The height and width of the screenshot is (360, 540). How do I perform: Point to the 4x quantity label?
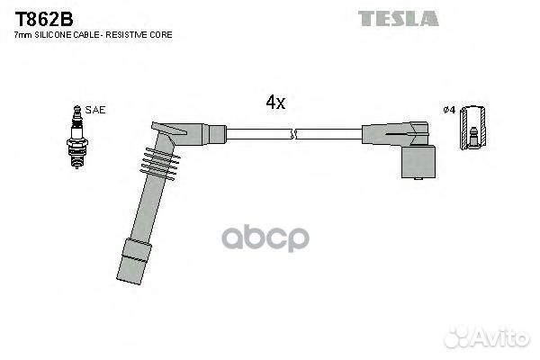pos(275,103)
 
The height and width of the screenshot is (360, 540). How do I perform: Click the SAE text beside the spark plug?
pos(96,110)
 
